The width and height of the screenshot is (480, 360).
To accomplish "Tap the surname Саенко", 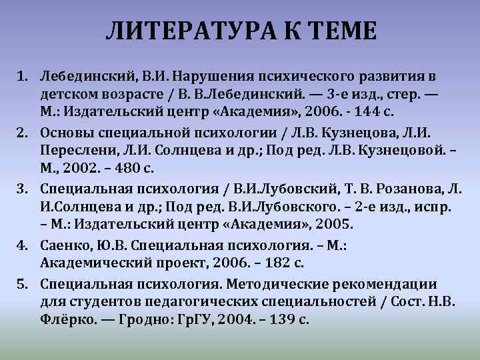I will click(x=63, y=246).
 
